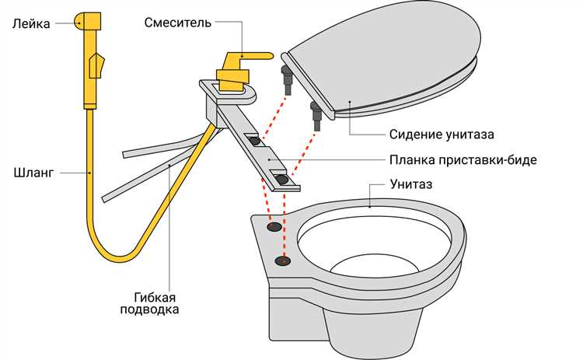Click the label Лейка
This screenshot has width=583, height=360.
pos(30,24)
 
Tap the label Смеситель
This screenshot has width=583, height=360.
pos(178,22)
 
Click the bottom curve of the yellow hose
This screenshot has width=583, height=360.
pos(117,257)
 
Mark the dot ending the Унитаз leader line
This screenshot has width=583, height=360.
pos(370,206)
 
